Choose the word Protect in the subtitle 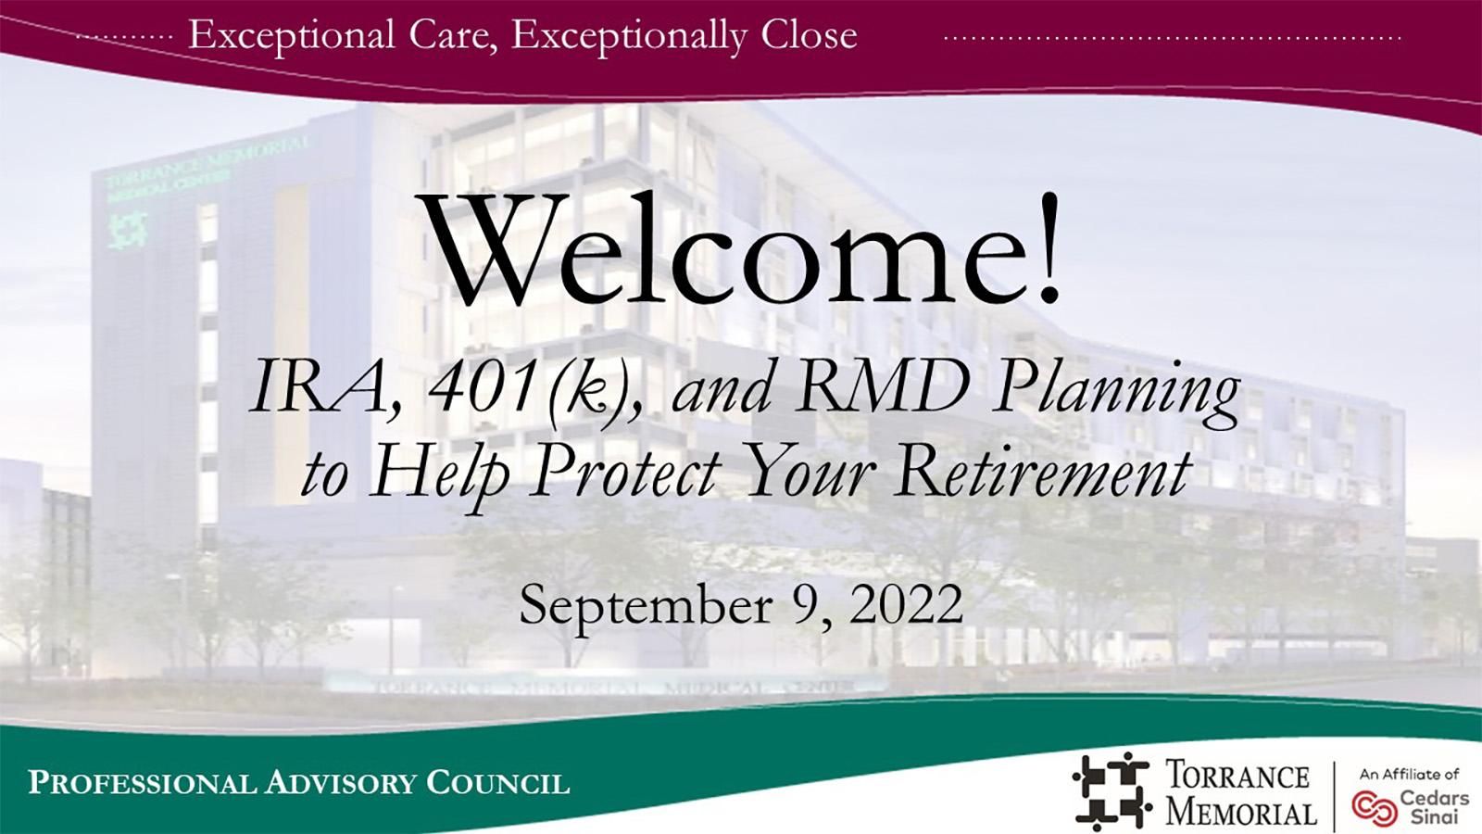pyautogui.click(x=626, y=474)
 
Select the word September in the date pyautogui.click(x=646, y=607)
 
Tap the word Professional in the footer pyautogui.click(x=141, y=782)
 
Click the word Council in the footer pyautogui.click(x=497, y=782)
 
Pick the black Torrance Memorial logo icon pyautogui.click(x=1112, y=791)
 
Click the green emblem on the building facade pyautogui.click(x=128, y=232)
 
